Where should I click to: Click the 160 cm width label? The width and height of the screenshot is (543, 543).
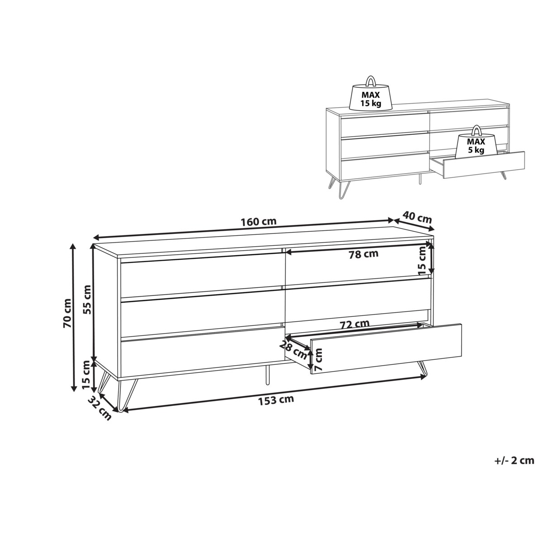tap(258, 222)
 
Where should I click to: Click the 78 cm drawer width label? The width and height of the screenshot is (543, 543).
tap(363, 254)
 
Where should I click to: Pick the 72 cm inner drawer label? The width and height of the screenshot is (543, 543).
tap(354, 324)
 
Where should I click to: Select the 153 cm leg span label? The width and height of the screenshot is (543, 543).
tap(276, 400)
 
